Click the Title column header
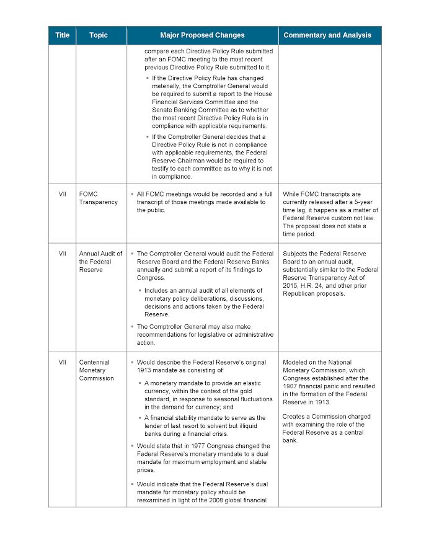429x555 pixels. [62, 35]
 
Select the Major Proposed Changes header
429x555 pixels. [202, 35]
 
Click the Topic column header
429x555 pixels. [98, 35]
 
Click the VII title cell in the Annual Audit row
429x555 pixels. [62, 254]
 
